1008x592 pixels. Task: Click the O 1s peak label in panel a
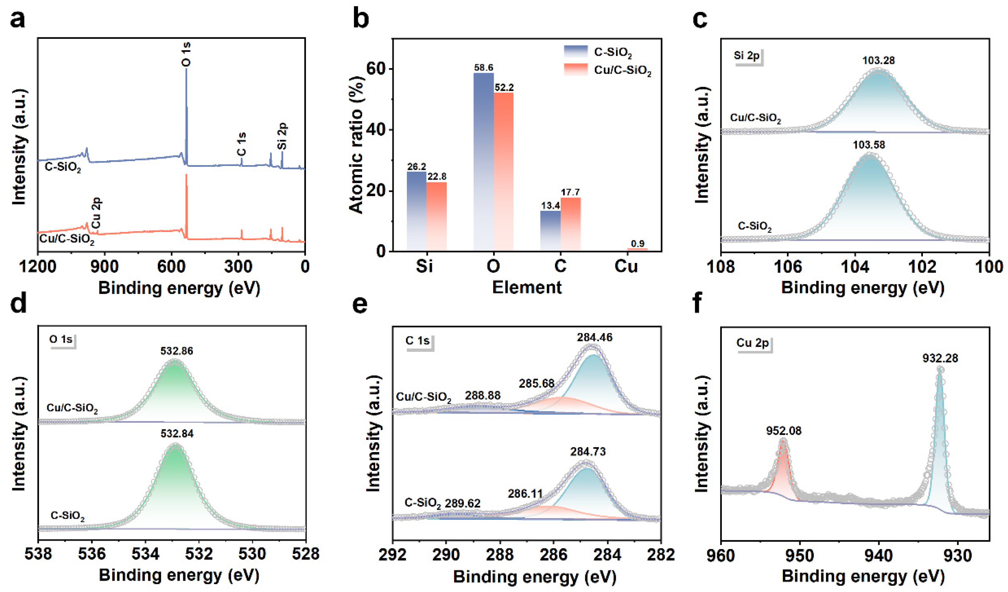click(x=186, y=55)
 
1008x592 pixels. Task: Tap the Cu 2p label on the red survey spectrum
click(x=96, y=213)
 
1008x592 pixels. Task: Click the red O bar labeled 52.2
click(x=504, y=172)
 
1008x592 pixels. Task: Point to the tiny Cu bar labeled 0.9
click(x=637, y=249)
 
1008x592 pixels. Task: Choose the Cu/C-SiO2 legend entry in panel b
click(x=622, y=70)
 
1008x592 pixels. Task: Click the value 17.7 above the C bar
click(x=570, y=192)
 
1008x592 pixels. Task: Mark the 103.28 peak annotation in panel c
click(x=878, y=61)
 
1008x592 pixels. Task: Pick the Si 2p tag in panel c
click(x=746, y=56)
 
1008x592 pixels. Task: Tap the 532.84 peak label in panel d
click(x=177, y=434)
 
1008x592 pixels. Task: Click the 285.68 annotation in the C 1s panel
click(x=536, y=384)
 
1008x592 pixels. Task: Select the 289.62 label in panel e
click(x=463, y=503)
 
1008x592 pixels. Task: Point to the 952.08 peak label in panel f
click(x=784, y=431)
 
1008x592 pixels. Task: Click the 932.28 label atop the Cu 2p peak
click(x=940, y=358)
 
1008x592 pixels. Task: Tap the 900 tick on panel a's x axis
click(x=105, y=266)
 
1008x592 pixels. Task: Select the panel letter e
click(x=360, y=304)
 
